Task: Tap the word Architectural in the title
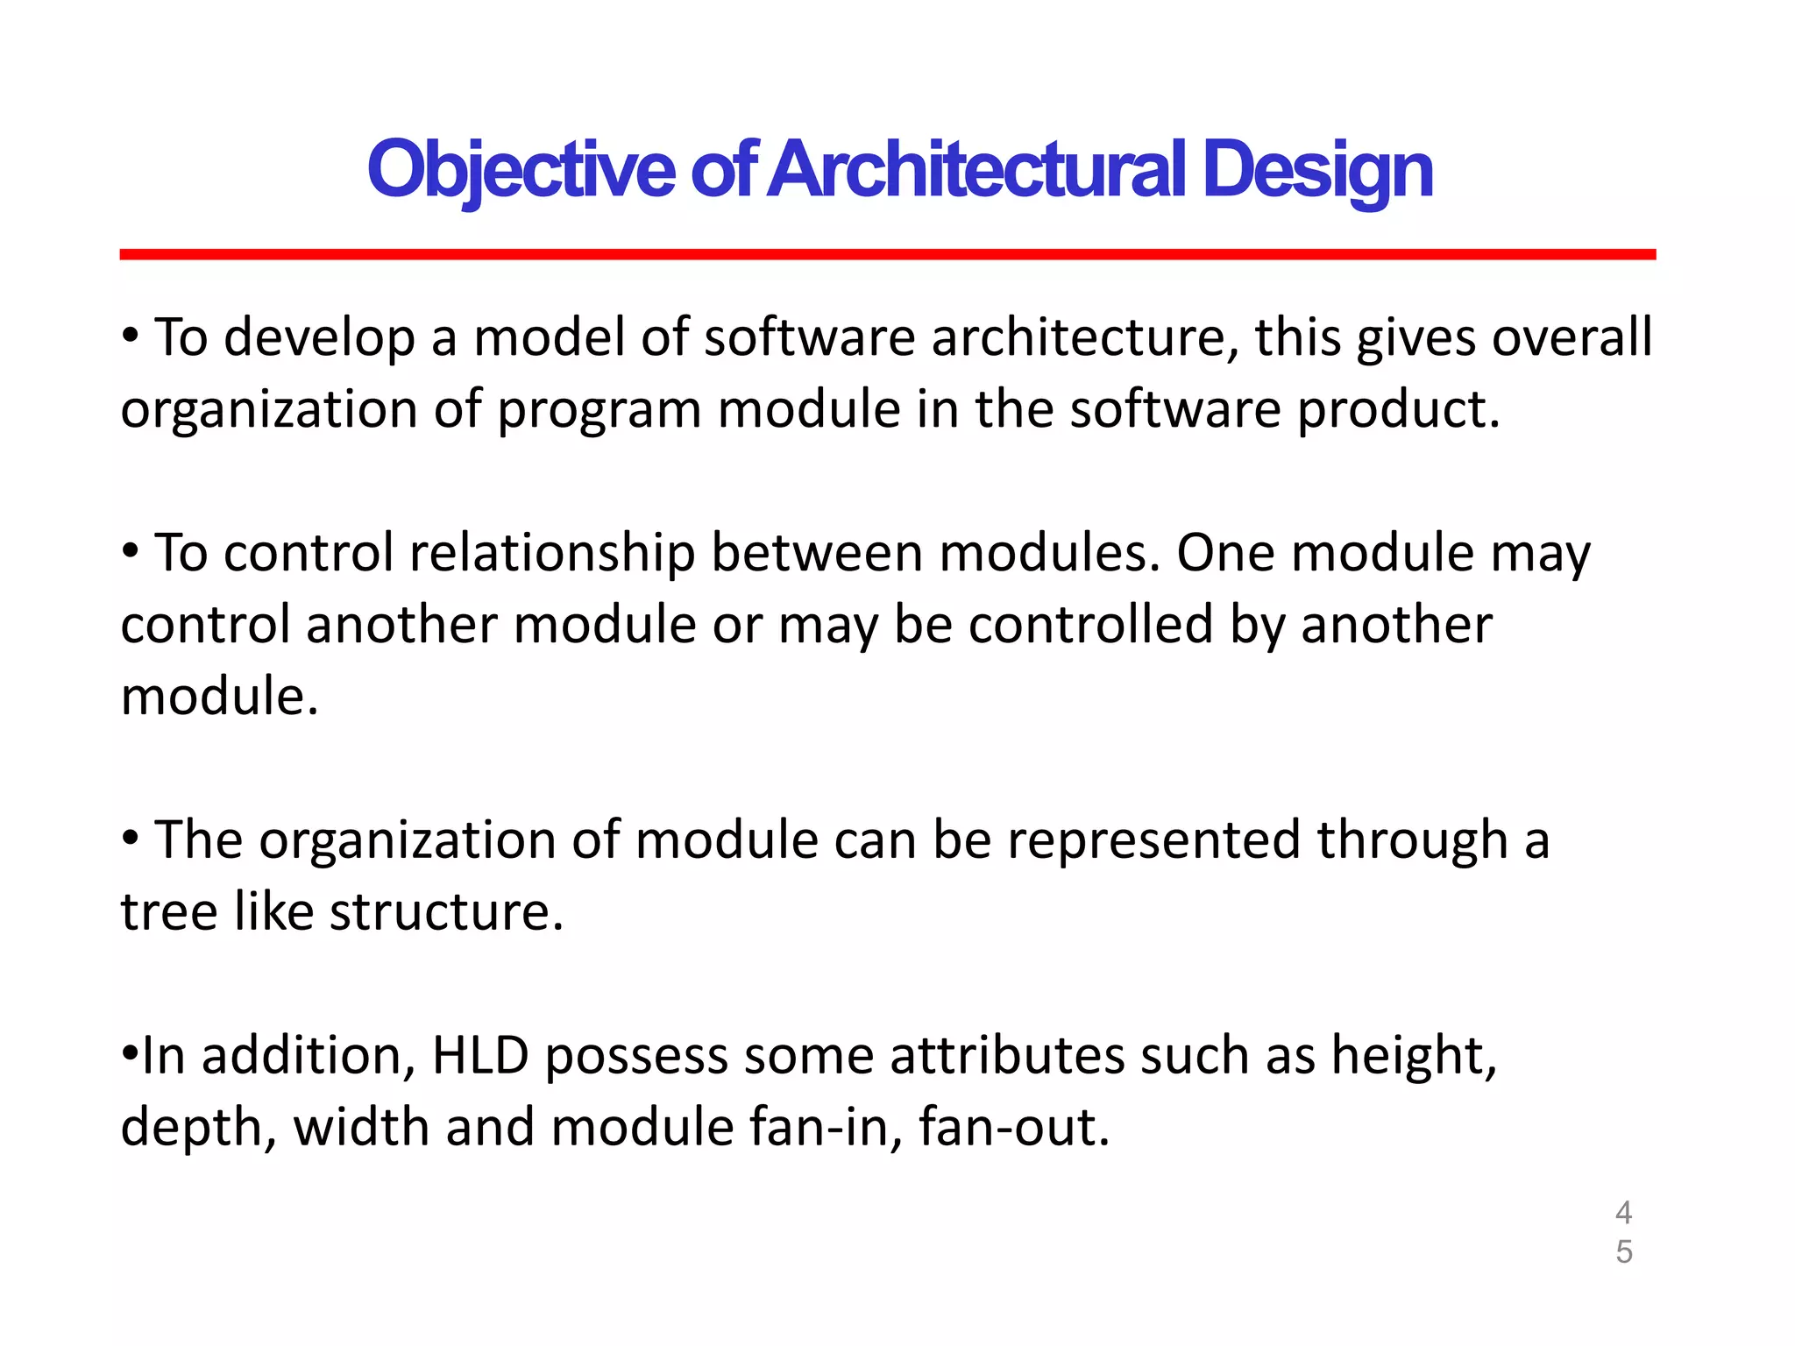(x=980, y=169)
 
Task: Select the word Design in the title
(x=1316, y=169)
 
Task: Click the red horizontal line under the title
(x=887, y=254)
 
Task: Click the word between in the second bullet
(x=816, y=553)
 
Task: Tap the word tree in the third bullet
(x=168, y=911)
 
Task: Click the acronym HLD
(x=480, y=1055)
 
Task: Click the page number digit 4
(x=1623, y=1213)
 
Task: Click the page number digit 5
(x=1623, y=1251)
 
